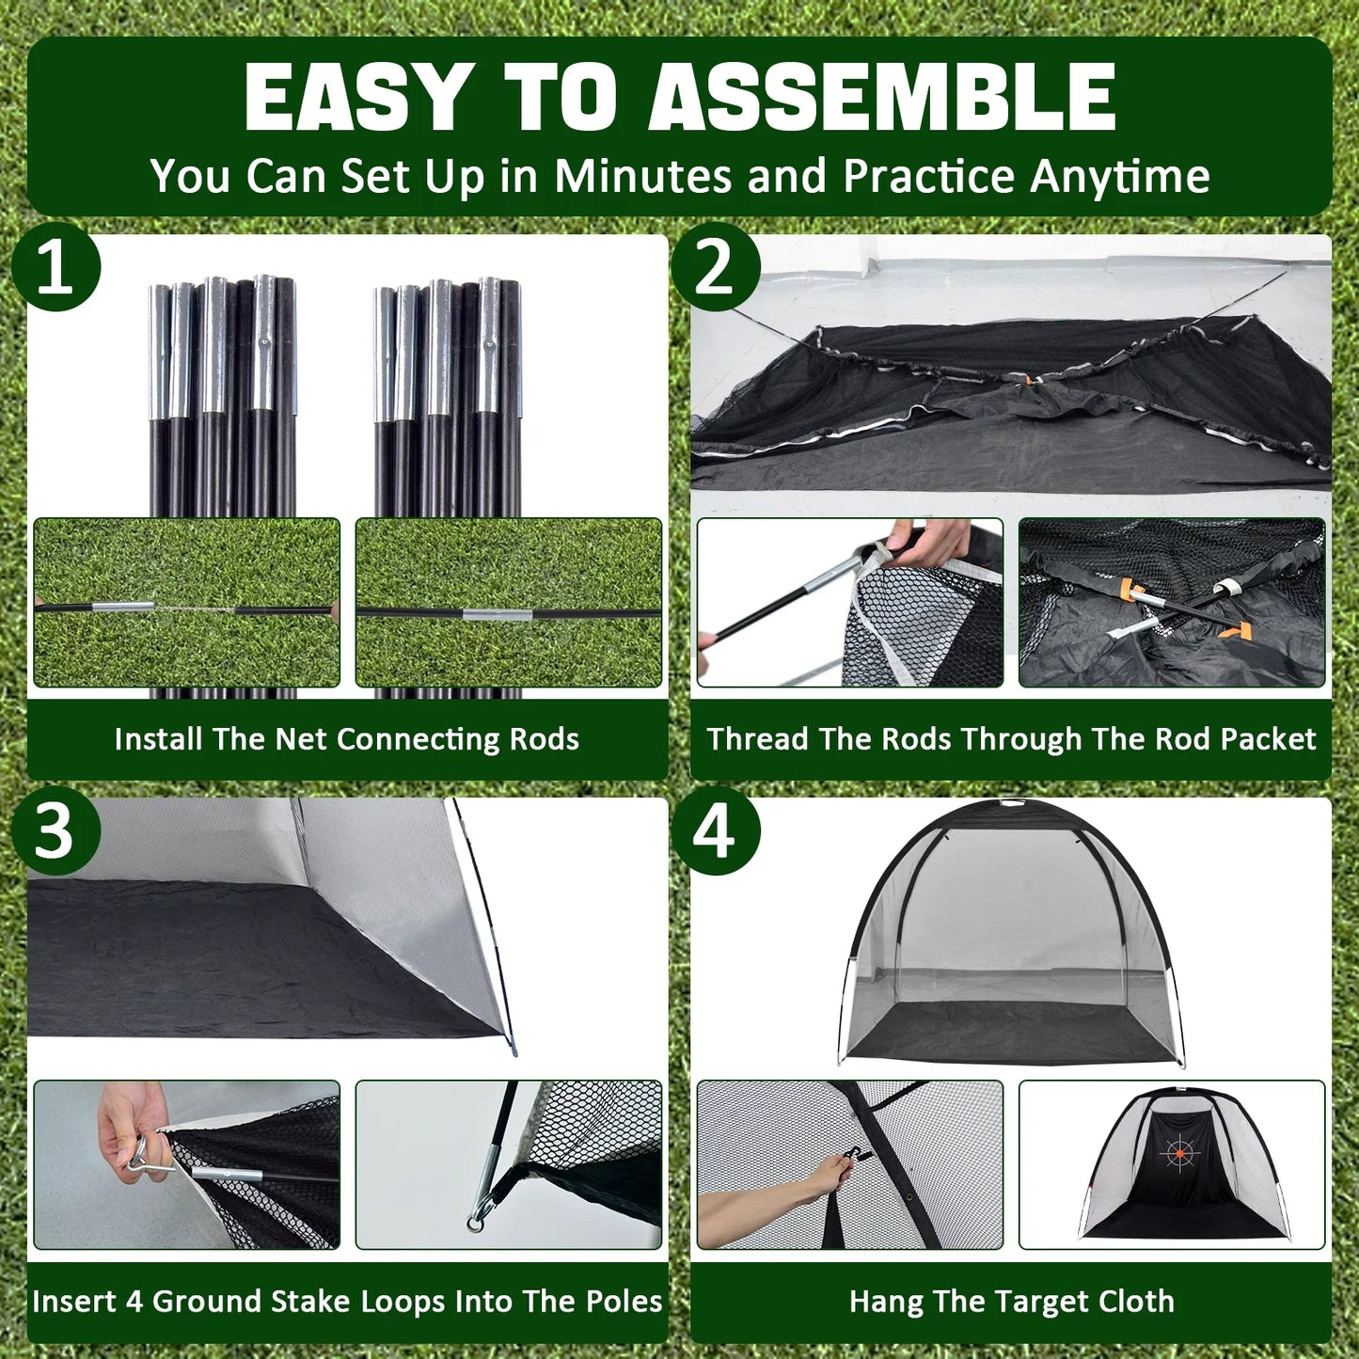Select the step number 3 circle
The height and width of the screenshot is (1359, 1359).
(x=55, y=830)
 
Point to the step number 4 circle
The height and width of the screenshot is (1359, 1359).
(x=715, y=830)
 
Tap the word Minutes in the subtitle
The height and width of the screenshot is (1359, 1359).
(x=642, y=176)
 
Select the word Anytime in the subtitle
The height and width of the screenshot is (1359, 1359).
(x=1119, y=177)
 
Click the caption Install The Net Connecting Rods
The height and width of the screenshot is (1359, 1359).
(x=347, y=739)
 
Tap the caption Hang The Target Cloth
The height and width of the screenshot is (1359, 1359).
(x=1011, y=1302)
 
